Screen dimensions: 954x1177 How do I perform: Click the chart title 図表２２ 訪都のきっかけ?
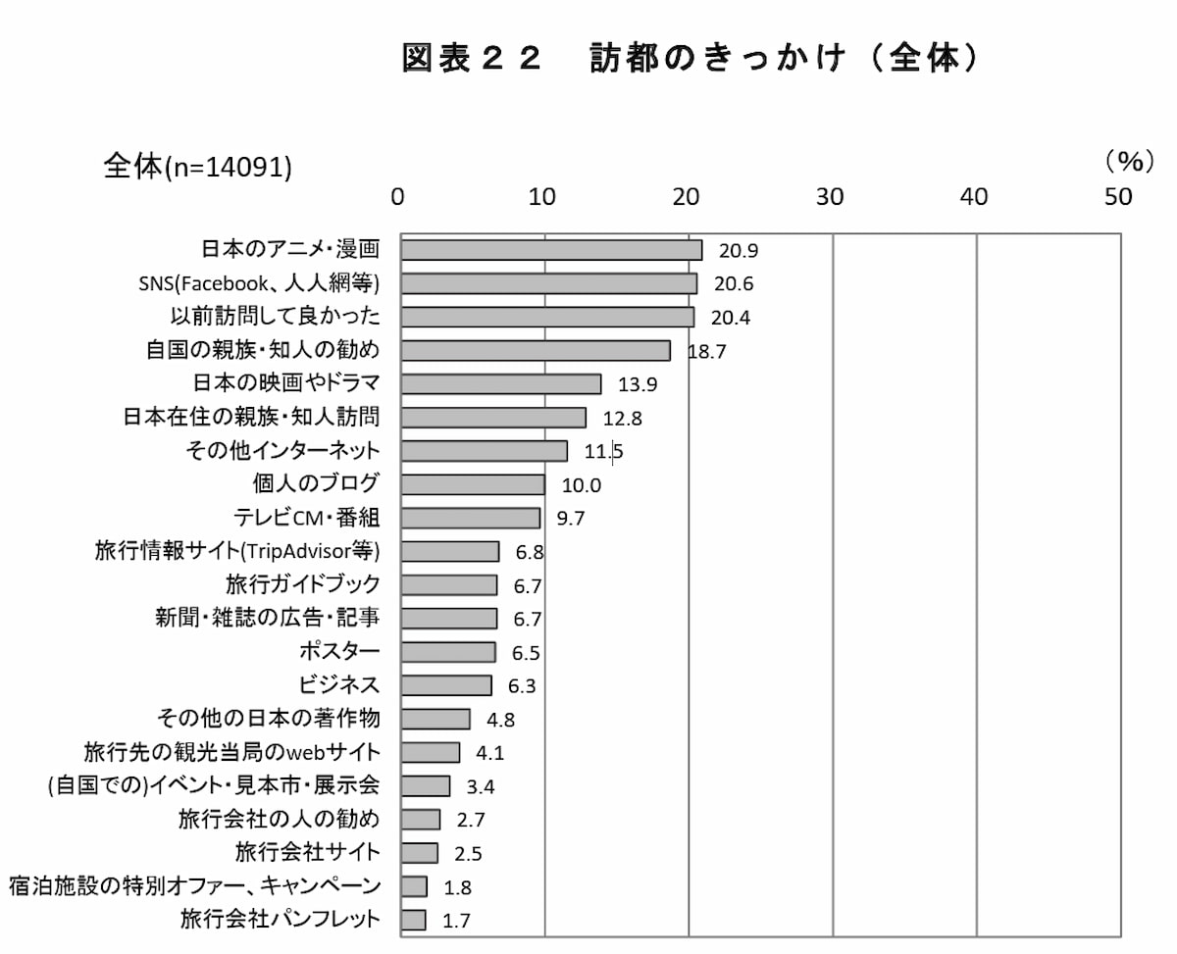pos(691,60)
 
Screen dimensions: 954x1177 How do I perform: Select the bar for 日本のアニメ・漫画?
pos(551,250)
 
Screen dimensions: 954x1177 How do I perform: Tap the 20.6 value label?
pos(734,284)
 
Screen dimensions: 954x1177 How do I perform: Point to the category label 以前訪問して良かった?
pos(275,317)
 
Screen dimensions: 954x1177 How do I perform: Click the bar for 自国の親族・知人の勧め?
pos(536,351)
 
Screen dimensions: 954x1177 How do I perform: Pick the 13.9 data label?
pos(638,384)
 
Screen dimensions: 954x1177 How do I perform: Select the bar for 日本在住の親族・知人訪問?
pos(493,418)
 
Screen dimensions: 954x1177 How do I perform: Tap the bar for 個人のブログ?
pos(473,484)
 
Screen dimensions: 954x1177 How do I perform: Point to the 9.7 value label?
pos(574,519)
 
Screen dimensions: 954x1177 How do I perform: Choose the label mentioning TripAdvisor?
pos(231,551)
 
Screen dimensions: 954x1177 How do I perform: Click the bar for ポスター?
pos(448,652)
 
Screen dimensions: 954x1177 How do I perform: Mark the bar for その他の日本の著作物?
pos(435,719)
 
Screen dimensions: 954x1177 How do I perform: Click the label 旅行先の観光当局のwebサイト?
pos(231,752)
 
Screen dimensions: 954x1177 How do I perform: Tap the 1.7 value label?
pos(457,921)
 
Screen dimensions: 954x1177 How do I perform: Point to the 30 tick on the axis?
pos(831,197)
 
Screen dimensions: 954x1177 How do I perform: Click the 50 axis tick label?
pos(1118,197)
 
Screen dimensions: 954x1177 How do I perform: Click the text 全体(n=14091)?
pos(198,168)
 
